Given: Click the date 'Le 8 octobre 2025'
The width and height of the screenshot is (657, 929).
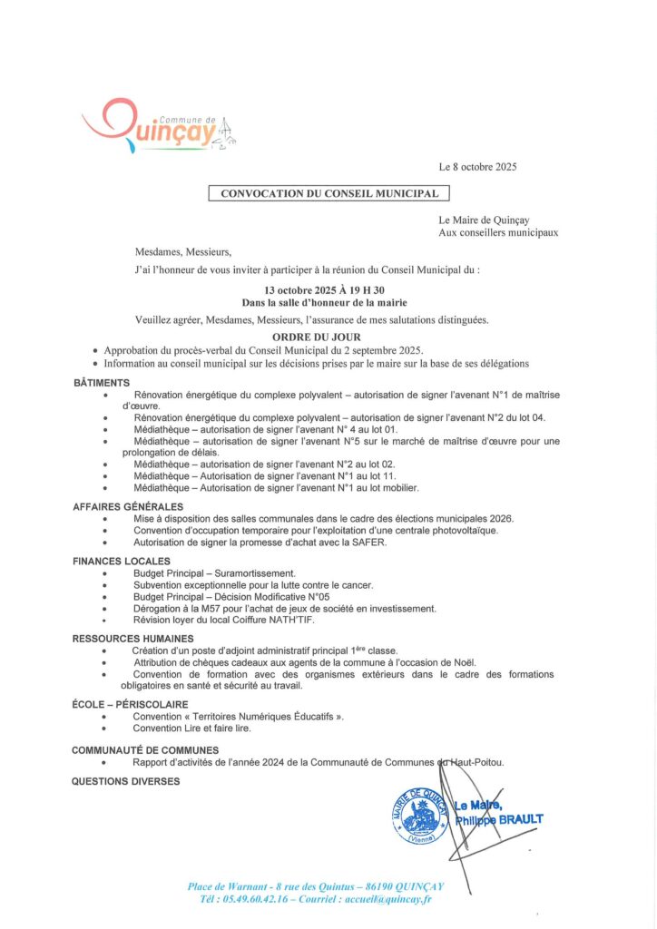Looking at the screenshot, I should [x=477, y=167].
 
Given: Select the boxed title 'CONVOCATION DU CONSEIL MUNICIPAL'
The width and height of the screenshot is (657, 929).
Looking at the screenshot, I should [x=329, y=193].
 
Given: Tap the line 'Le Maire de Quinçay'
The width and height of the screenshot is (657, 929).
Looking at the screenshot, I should [x=484, y=220].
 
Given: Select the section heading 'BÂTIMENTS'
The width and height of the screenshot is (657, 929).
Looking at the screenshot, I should [x=102, y=383].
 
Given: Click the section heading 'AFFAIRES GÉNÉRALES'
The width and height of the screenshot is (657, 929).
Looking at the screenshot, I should [x=128, y=506].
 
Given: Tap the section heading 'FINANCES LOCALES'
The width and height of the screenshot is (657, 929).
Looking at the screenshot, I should [x=122, y=562].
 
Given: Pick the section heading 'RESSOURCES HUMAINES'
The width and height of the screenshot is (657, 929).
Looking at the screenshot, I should [x=132, y=639].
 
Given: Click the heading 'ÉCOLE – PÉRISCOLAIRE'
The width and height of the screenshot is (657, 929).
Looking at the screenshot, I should [x=130, y=704].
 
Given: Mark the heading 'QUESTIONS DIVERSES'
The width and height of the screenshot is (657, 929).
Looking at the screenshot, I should [x=126, y=781].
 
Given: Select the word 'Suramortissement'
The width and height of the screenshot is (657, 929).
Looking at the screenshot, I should [x=258, y=573].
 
